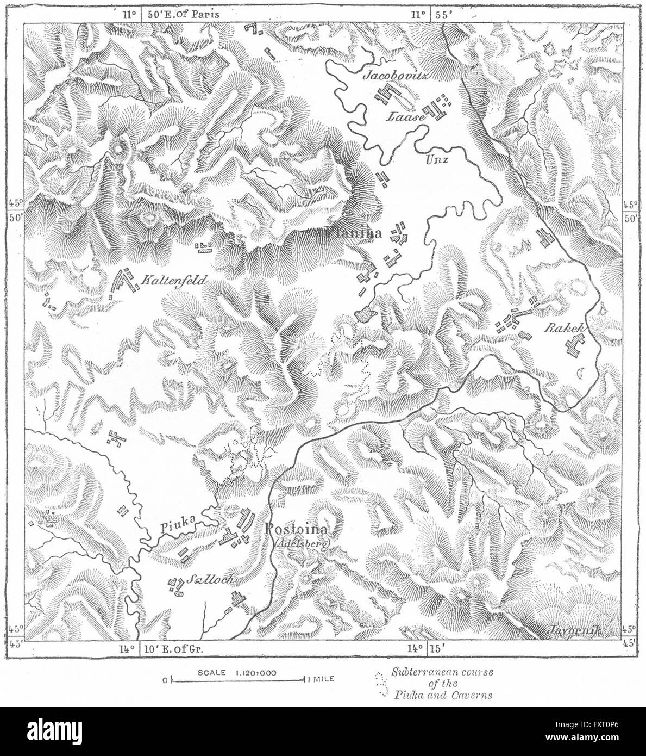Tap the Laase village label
tap(403, 116)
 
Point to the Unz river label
tap(434, 159)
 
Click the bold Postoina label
tap(297, 529)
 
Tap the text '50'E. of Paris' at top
tap(179, 14)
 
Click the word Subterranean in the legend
tap(428, 673)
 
